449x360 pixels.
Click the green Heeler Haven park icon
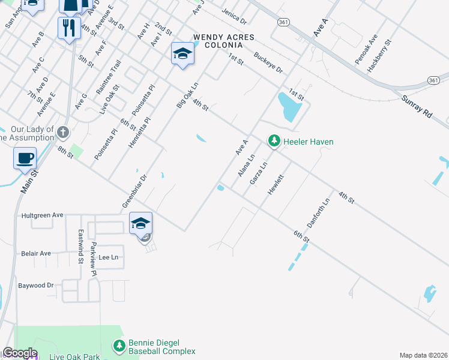(274, 141)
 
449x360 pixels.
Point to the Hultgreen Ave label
(42, 215)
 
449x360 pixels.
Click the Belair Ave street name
(36, 253)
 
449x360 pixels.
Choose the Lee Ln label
(109, 257)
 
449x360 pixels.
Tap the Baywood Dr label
(36, 285)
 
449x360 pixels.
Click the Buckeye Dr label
(268, 62)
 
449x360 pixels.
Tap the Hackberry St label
(379, 56)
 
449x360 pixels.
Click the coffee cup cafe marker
(25, 158)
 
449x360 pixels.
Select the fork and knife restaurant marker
(69, 28)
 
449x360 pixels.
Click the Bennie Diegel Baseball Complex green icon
(119, 346)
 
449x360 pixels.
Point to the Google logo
(19, 353)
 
